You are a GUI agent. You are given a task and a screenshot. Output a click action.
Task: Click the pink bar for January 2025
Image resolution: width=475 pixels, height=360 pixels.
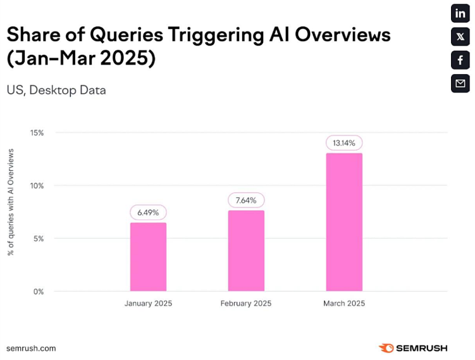[x=148, y=257]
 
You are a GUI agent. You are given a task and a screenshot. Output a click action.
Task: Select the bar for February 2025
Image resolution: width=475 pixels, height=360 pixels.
[x=246, y=251]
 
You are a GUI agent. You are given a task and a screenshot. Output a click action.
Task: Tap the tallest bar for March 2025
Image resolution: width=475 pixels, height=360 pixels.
[x=344, y=222]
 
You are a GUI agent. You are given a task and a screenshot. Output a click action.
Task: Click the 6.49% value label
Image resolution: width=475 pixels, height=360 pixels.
[x=148, y=212]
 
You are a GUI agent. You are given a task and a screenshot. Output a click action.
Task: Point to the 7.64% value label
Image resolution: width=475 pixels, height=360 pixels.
[x=246, y=200]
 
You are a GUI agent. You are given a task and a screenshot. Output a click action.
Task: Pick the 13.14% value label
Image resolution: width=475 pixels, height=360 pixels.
[x=344, y=142]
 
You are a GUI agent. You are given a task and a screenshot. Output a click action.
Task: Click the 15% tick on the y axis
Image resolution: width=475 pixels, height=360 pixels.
[x=37, y=133]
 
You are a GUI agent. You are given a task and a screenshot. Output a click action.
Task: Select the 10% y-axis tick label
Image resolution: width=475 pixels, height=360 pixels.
[x=37, y=186]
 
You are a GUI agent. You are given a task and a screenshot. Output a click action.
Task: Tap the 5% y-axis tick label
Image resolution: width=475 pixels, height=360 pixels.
[x=38, y=239]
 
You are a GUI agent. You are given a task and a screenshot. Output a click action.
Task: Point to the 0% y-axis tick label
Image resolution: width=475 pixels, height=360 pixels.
[x=38, y=292]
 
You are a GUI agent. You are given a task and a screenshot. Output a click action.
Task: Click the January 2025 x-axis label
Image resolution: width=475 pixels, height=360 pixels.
[x=148, y=304]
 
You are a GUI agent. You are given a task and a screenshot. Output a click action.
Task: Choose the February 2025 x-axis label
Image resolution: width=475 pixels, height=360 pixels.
[x=246, y=304]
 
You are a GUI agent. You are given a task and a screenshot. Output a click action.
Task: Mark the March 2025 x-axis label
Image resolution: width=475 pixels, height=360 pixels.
[x=344, y=304]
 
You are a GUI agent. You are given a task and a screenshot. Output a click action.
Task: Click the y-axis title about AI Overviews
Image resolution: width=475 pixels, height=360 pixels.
[x=11, y=202]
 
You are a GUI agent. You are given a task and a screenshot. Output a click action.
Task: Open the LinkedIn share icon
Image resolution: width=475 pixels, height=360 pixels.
[x=460, y=13]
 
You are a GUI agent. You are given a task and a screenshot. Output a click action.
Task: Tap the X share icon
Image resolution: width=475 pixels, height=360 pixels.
[x=460, y=37]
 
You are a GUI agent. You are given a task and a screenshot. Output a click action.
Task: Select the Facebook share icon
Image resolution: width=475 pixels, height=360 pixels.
[x=460, y=60]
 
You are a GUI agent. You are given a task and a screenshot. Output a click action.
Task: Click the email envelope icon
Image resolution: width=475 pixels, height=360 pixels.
[x=460, y=84]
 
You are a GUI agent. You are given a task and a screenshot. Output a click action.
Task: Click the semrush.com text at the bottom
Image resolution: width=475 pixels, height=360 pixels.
[x=31, y=348]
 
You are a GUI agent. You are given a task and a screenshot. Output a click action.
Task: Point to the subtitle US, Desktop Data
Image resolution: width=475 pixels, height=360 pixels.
[x=56, y=90]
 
